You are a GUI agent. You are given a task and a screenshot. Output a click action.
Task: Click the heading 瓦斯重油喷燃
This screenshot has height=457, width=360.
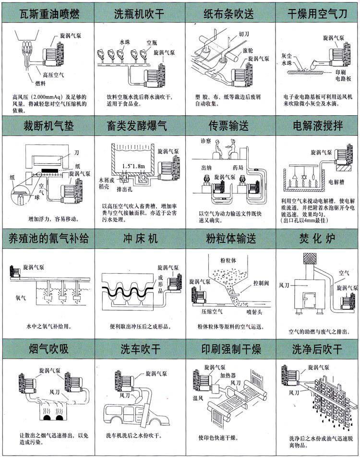click(x=46, y=14)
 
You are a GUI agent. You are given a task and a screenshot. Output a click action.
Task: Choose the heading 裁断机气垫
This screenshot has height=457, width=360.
click(x=46, y=126)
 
